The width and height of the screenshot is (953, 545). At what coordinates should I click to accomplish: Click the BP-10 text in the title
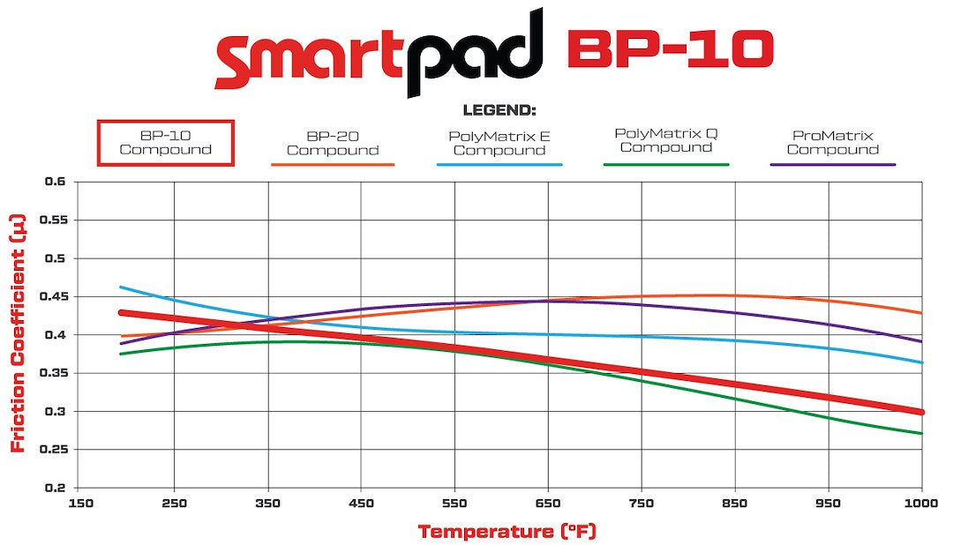[x=670, y=51]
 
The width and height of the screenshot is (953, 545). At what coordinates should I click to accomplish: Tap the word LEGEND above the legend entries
[x=499, y=111]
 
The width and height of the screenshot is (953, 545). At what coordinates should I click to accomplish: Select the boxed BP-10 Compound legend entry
[x=165, y=143]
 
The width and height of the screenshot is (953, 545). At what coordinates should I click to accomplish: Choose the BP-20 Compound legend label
[x=333, y=144]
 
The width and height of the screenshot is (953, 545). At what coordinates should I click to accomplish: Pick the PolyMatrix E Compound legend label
[x=499, y=144]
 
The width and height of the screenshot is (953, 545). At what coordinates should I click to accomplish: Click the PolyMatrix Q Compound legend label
[x=666, y=140]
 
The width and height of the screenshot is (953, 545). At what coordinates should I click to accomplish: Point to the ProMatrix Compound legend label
[x=833, y=143]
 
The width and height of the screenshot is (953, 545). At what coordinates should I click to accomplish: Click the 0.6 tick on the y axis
[x=56, y=182]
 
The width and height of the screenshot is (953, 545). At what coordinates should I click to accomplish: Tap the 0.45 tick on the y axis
[x=52, y=296]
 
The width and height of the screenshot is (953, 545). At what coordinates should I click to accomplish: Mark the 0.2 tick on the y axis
[x=56, y=488]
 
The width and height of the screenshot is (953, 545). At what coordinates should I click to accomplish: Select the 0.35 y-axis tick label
[x=52, y=373]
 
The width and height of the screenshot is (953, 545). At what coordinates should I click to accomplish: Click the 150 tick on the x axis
[x=80, y=504]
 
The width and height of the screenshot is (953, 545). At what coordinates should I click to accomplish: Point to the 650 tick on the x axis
[x=549, y=504]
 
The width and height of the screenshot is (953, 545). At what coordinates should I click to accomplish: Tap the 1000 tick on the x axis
[x=920, y=504]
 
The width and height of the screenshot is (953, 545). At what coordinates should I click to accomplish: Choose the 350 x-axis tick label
[x=267, y=504]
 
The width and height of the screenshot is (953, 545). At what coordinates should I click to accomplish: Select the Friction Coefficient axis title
[x=17, y=334]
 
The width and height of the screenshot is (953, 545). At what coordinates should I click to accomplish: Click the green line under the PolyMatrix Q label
[x=666, y=165]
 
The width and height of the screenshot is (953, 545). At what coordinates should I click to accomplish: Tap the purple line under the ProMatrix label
[x=833, y=165]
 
